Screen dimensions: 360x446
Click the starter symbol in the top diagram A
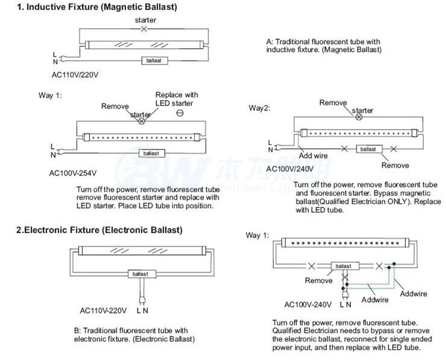click(x=143, y=29)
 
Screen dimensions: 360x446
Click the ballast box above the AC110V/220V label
click(x=155, y=61)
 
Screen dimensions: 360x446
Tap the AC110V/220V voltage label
click(x=75, y=75)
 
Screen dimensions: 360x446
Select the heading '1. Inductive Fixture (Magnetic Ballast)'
click(x=89, y=7)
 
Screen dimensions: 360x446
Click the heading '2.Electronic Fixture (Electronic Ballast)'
click(x=99, y=230)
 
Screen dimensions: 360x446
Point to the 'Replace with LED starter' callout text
click(x=177, y=99)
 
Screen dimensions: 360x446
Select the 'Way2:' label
click(x=260, y=108)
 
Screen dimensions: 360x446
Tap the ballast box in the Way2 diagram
click(x=366, y=148)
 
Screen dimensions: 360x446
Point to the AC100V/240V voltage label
click(x=292, y=169)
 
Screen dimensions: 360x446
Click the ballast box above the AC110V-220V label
click(x=145, y=274)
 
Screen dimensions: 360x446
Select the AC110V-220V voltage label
click(x=104, y=311)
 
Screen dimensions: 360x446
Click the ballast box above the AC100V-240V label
click(x=343, y=266)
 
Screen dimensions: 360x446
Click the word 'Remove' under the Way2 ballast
click(x=395, y=165)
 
